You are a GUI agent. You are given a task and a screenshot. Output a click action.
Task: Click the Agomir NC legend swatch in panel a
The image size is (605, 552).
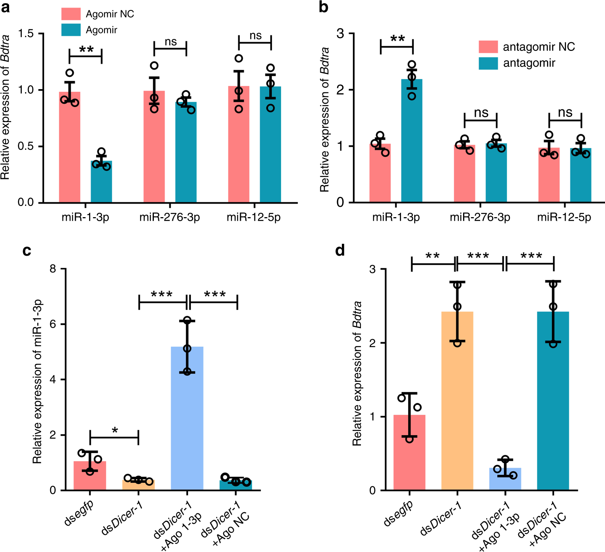point(71,14)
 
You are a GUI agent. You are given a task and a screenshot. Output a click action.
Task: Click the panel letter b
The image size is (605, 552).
point(324,8)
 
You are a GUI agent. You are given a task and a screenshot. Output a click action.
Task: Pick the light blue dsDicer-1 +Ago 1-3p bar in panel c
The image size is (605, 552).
point(187,418)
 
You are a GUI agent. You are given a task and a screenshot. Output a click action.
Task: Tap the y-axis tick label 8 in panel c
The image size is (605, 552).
point(53,269)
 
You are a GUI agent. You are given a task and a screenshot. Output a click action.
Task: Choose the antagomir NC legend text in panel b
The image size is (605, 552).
point(539,47)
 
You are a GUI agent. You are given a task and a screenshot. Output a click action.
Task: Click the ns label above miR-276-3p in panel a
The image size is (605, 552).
point(171,42)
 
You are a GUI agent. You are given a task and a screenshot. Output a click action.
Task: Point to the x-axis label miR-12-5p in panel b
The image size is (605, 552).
point(564,217)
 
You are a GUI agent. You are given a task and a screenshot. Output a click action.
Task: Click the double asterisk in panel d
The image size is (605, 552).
point(432,256)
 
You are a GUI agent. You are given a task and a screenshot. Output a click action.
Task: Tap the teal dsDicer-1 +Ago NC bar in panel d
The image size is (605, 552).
point(553,402)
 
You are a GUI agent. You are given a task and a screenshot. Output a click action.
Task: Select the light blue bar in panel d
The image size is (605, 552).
point(505,479)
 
